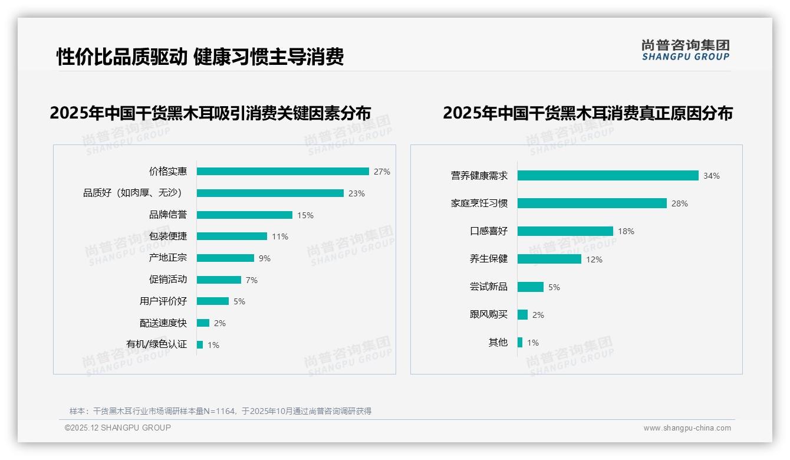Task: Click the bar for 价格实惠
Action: click(282, 172)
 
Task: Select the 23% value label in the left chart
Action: click(356, 193)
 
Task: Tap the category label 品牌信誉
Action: click(167, 215)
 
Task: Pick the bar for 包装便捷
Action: click(232, 236)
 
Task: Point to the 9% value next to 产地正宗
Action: click(264, 258)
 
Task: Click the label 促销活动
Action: click(167, 280)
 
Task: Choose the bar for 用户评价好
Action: click(212, 301)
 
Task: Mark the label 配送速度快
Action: click(163, 323)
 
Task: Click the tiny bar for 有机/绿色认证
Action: click(200, 344)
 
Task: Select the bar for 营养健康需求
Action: click(607, 176)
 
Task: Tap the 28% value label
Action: click(679, 203)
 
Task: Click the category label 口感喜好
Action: click(488, 231)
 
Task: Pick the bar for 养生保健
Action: click(549, 259)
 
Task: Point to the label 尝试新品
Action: click(488, 287)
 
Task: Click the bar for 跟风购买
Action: click(522, 315)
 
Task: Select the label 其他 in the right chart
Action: click(498, 343)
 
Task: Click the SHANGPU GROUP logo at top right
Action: click(685, 50)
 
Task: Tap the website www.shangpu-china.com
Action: click(687, 428)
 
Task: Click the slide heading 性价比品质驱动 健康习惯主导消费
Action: click(200, 57)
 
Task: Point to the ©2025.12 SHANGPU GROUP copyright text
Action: click(118, 428)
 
